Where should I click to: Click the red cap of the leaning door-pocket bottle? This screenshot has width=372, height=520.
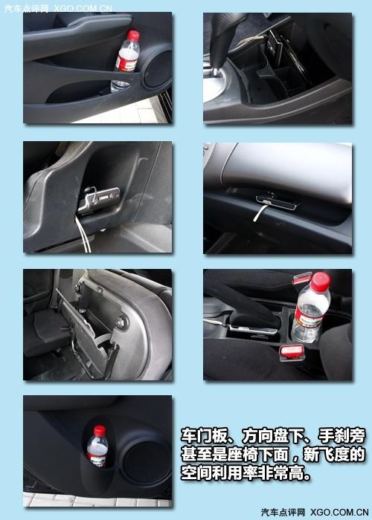[133, 36]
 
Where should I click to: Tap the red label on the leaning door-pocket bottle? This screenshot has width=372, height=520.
[126, 63]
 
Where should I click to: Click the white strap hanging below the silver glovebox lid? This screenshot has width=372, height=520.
[259, 213]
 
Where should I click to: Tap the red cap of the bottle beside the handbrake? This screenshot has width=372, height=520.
[321, 282]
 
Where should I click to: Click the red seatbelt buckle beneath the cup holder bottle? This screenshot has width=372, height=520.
[292, 352]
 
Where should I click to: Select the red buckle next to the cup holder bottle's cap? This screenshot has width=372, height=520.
[301, 278]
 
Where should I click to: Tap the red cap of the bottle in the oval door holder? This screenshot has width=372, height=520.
[99, 430]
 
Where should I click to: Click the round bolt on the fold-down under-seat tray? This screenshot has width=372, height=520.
[121, 321]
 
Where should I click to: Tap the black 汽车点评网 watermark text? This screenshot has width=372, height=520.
[283, 513]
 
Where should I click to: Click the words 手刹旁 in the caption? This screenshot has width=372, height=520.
[341, 435]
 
